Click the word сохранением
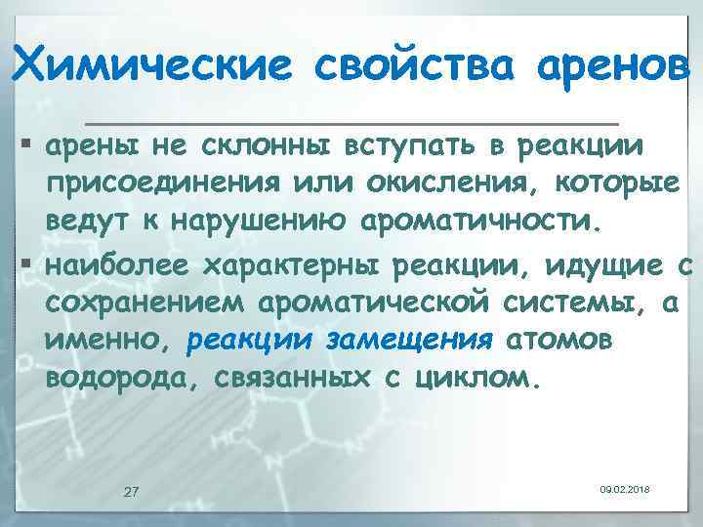145,302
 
